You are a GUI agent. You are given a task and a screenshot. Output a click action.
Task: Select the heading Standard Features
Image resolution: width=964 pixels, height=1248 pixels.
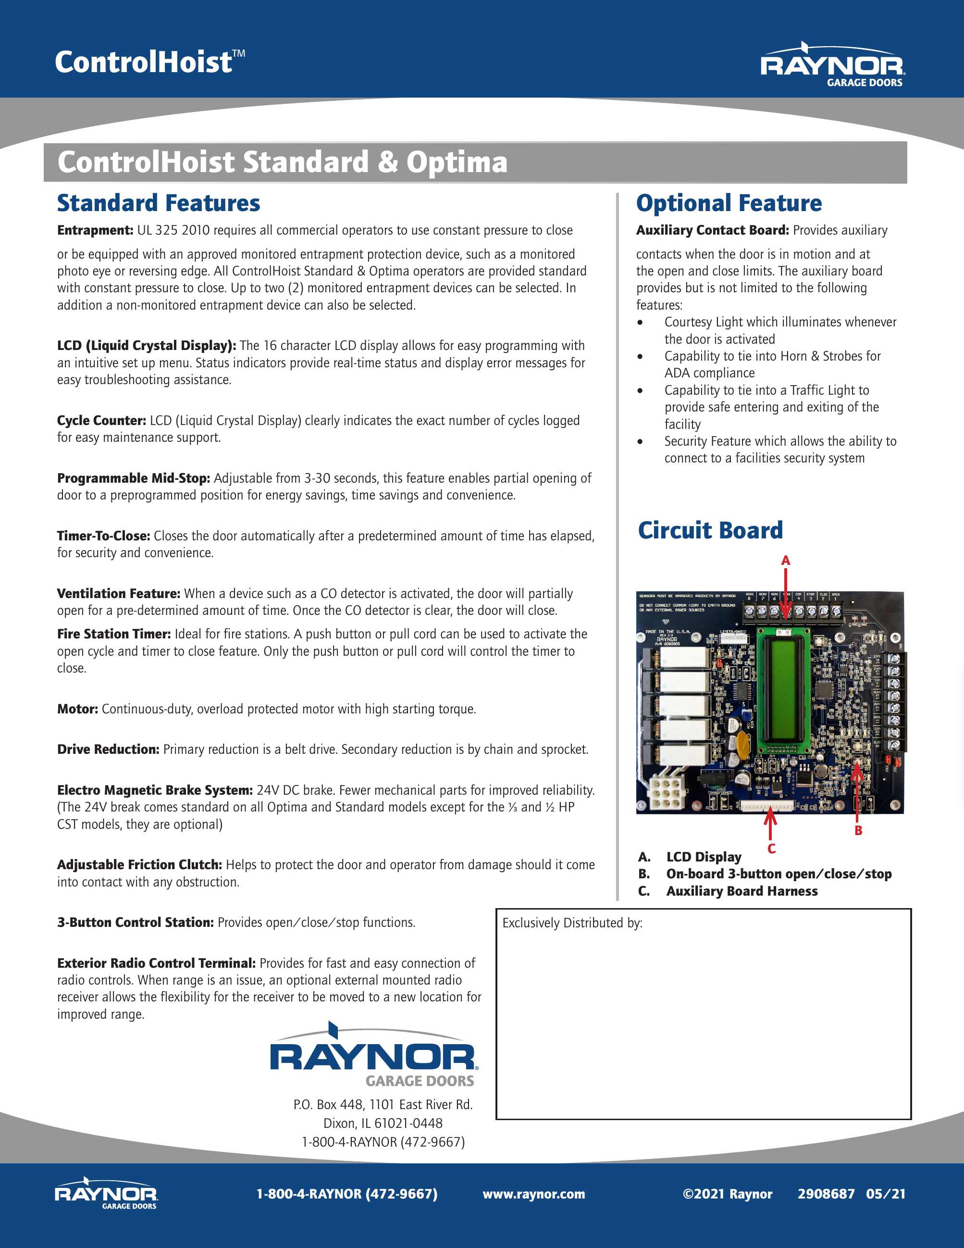pos(159,203)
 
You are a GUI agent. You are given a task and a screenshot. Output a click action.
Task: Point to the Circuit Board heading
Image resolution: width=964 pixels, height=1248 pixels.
pos(710,530)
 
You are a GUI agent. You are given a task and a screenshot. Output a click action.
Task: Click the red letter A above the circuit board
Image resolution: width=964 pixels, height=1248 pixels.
pos(785,561)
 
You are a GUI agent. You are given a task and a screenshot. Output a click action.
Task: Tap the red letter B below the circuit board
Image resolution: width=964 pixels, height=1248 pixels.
pos(858,831)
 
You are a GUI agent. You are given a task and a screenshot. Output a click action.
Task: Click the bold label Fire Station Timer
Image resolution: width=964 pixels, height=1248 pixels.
pos(113,634)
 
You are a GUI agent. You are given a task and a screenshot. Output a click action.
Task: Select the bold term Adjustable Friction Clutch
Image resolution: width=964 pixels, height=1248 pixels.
pos(139,864)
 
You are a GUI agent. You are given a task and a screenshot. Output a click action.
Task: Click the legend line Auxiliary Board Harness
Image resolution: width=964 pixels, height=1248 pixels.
pos(742,891)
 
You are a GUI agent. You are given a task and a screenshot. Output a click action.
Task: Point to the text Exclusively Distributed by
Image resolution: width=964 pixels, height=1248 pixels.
pos(572,923)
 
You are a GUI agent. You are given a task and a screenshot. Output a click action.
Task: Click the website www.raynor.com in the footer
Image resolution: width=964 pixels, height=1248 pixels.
pos(533,1194)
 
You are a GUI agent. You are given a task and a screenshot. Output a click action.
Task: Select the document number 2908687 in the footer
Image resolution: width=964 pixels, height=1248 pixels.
pos(826,1194)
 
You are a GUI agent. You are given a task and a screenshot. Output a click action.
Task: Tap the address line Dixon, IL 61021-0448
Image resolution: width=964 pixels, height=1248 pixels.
pos(383,1123)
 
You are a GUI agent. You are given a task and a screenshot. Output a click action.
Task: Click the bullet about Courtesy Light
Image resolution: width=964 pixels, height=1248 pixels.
pos(779,330)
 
